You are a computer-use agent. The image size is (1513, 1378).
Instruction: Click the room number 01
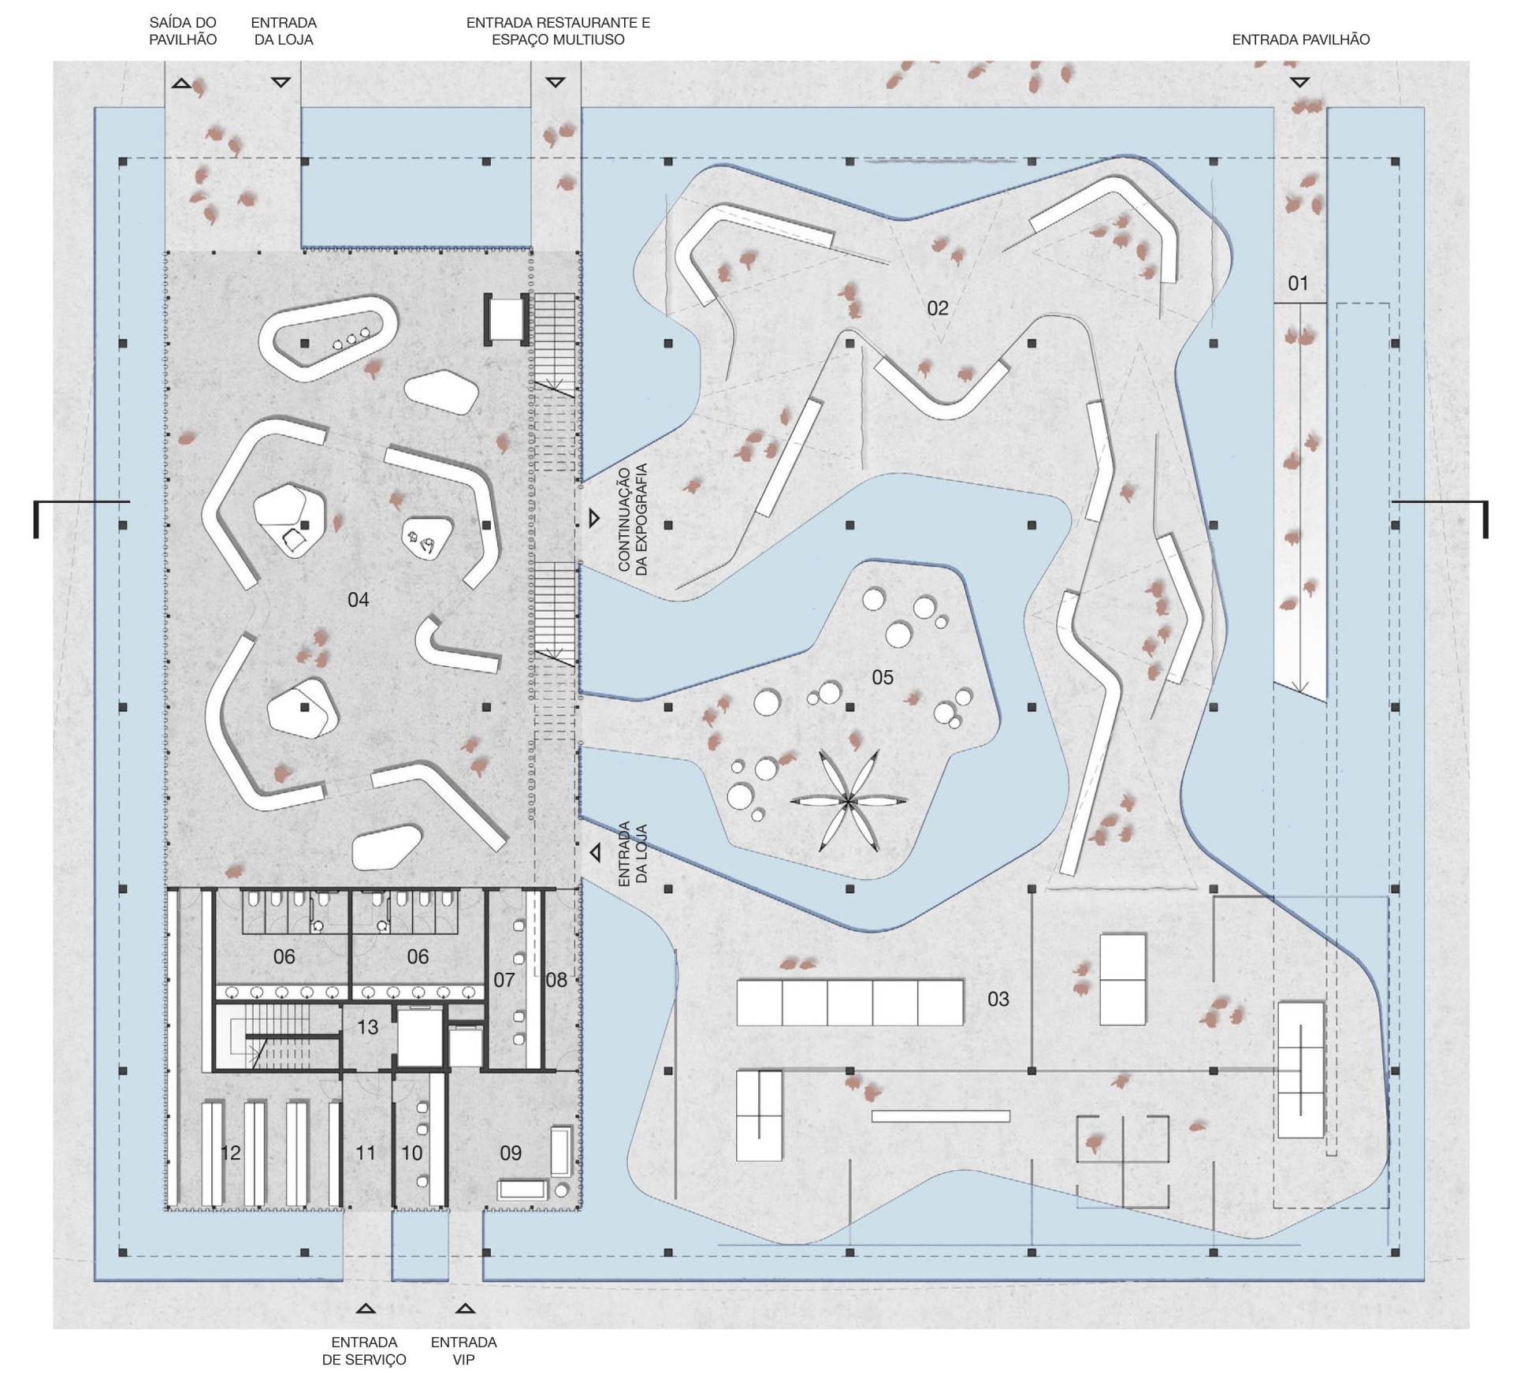click(1297, 283)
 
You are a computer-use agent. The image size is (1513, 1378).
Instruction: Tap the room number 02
click(937, 308)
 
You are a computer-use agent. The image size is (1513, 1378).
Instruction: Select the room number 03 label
click(998, 999)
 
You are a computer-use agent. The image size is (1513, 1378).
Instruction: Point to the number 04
click(358, 600)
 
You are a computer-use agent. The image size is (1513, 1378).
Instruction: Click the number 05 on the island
click(883, 677)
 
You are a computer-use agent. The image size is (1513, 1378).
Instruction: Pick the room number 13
click(367, 1027)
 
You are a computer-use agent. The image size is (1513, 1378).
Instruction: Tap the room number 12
click(230, 1153)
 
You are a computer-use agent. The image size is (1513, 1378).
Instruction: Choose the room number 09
click(511, 1153)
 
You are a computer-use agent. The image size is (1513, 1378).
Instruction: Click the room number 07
click(504, 980)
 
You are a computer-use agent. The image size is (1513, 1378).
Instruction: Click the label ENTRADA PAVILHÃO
click(1301, 39)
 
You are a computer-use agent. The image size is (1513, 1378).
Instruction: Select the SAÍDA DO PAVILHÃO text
click(183, 32)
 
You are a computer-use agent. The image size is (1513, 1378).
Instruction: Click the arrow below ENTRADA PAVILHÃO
click(1299, 82)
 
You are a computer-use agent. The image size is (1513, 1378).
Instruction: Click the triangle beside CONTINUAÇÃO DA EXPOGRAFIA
click(594, 518)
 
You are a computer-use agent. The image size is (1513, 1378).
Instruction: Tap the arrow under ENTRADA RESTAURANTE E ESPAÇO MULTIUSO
click(556, 82)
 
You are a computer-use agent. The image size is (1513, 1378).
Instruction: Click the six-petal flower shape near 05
click(848, 801)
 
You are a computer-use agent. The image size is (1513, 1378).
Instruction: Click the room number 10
click(412, 1153)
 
